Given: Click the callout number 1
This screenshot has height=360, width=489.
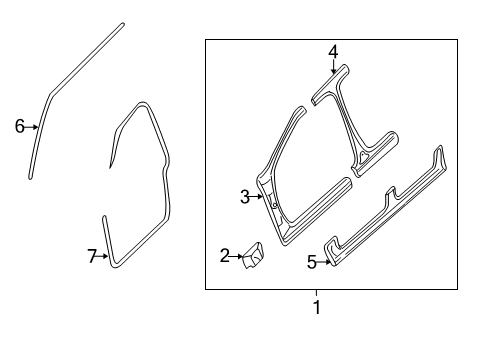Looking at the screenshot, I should pyautogui.click(x=317, y=308).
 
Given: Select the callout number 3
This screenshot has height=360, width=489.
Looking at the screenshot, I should pyautogui.click(x=244, y=197).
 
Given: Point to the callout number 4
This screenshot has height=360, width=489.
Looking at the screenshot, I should pyautogui.click(x=333, y=51).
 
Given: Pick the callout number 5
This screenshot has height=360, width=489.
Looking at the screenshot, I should pyautogui.click(x=311, y=262).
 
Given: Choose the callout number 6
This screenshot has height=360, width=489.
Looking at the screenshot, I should pyautogui.click(x=19, y=126).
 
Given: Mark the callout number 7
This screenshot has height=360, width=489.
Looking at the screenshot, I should pyautogui.click(x=92, y=257).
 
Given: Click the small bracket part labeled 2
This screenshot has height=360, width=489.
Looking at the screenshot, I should pyautogui.click(x=252, y=259).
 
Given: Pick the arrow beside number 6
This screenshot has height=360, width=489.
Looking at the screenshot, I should pyautogui.click(x=32, y=126).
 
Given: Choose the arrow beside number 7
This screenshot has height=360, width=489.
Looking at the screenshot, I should pyautogui.click(x=104, y=257).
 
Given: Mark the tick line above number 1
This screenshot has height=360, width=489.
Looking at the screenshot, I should pyautogui.click(x=317, y=293).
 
